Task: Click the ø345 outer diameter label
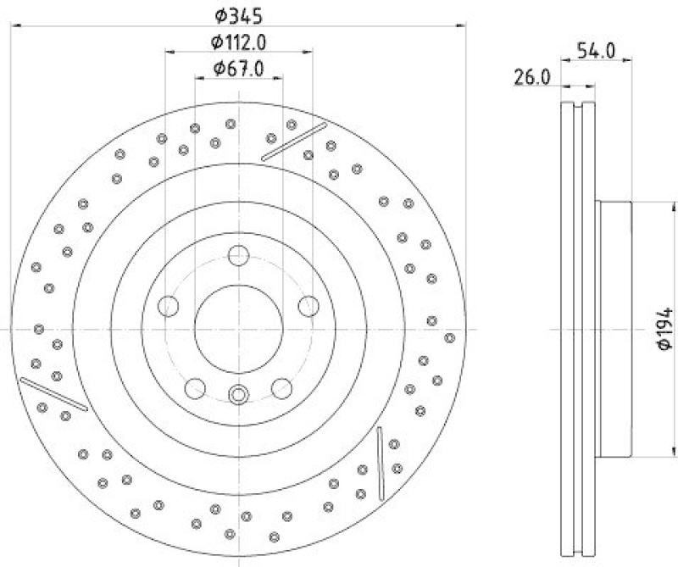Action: (238, 14)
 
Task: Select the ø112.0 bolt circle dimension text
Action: (238, 42)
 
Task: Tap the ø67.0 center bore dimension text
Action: (238, 69)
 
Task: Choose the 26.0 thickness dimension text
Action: (532, 77)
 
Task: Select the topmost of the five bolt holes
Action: (238, 256)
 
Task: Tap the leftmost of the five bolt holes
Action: (169, 306)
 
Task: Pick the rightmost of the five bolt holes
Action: (308, 306)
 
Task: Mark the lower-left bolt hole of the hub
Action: (196, 387)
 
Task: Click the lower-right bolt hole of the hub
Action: (281, 387)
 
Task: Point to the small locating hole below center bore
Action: (238, 393)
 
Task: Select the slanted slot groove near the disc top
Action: (294, 141)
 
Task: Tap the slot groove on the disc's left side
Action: (53, 393)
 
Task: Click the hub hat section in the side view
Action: (614, 329)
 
